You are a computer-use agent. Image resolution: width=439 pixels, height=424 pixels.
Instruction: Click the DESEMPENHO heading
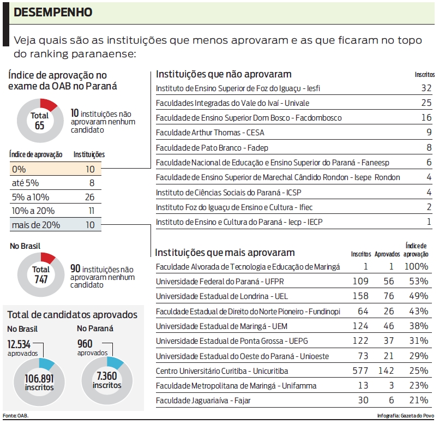pos(52,12)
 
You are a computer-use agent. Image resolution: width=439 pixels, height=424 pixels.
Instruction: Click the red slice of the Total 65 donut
pos(48,104)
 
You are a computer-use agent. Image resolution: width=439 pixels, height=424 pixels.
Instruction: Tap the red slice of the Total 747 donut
pos(47,258)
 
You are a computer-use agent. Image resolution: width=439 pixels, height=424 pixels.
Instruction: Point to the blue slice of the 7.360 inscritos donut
pos(115,362)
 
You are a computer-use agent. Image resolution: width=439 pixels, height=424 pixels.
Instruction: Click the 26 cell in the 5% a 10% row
pos(90,196)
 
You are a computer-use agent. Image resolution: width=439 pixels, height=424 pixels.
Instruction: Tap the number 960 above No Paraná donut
pos(85,344)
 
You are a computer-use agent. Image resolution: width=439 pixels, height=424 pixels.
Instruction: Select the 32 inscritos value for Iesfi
pos(426,88)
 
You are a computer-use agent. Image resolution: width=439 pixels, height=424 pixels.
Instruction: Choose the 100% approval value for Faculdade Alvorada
pos(417,266)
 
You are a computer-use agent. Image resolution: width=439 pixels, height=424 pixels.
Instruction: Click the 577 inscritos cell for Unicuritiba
pos(362,371)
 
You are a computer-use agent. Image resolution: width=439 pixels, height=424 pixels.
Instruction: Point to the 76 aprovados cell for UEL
pos(389,296)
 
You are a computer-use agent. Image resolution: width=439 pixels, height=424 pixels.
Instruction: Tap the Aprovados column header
pos(388,254)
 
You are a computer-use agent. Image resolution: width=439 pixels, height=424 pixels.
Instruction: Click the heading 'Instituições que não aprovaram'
pos(224,74)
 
